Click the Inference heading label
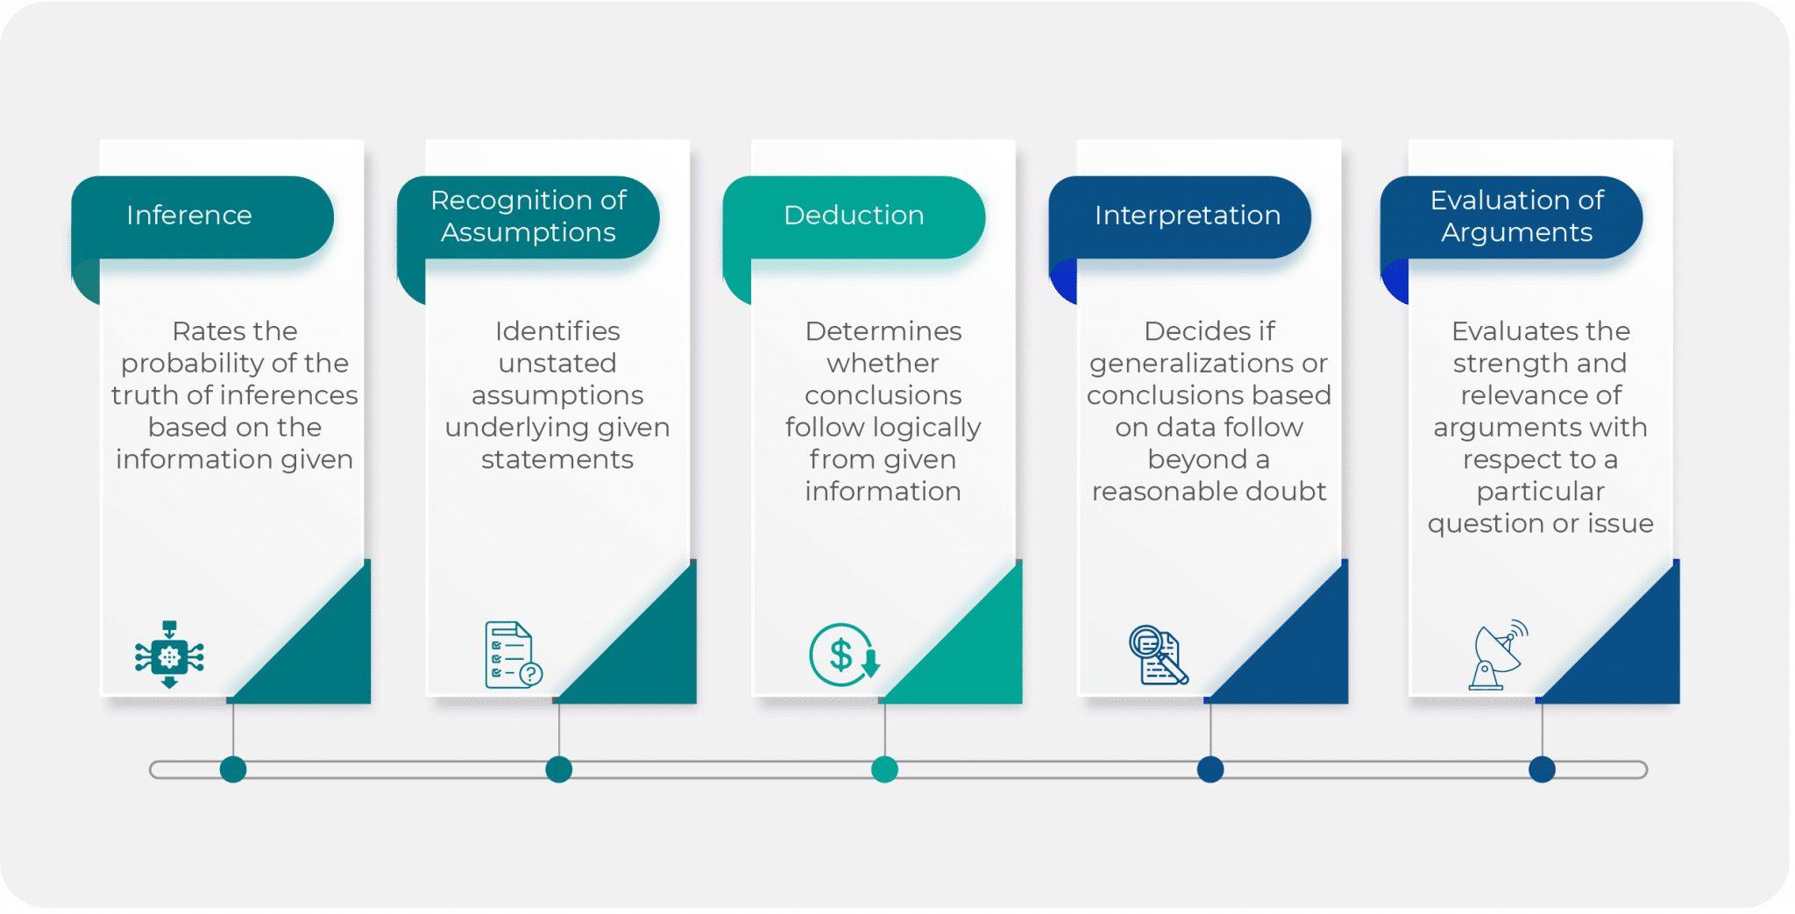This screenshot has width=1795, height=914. (189, 216)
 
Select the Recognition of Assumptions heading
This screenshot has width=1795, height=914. (529, 216)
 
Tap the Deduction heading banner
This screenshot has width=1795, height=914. (854, 216)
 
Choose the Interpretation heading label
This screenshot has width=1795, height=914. (1188, 216)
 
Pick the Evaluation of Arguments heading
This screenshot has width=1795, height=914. (1517, 216)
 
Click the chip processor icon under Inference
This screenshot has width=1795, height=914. (169, 655)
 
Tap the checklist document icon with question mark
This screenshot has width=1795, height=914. (513, 655)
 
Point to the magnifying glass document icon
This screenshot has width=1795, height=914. (1158, 655)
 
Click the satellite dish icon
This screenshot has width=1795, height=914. (1499, 655)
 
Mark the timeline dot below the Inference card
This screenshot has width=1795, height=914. (233, 769)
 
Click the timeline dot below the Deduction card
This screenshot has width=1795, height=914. (884, 769)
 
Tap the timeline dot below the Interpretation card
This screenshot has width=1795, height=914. (1210, 769)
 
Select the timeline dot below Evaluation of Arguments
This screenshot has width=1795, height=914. (1542, 769)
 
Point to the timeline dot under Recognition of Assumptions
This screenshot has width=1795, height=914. (558, 769)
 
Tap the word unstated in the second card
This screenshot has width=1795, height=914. (557, 364)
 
